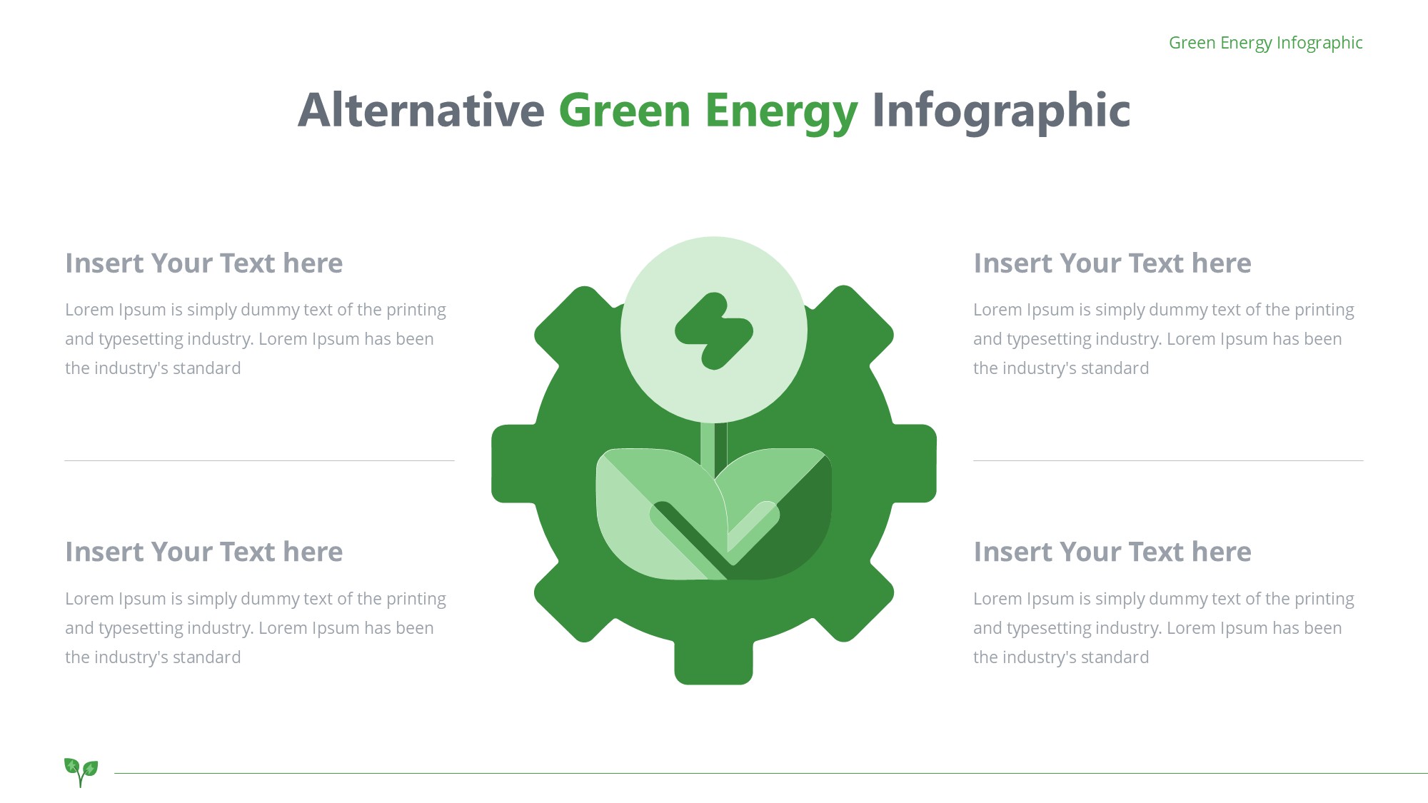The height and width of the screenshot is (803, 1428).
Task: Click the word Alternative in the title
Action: pos(421,110)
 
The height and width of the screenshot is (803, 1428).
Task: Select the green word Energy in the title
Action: pos(781,113)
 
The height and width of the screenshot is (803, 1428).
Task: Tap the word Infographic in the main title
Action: pos(1001,111)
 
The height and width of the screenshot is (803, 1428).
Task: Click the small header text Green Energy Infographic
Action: pos(1265,43)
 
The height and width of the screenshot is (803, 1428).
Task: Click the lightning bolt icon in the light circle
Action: pos(714,331)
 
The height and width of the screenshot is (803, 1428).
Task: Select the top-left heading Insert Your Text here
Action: pos(204,263)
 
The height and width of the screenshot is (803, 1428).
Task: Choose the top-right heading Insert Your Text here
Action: pos(1112,263)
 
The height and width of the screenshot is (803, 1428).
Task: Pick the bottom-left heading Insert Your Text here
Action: pos(204,552)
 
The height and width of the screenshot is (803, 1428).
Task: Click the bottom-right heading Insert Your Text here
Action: pos(1112,552)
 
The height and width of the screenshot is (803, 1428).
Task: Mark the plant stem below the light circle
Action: pos(713,450)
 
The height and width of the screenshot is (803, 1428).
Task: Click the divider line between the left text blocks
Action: pos(259,460)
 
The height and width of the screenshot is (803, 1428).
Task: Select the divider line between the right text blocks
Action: pos(1168,460)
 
